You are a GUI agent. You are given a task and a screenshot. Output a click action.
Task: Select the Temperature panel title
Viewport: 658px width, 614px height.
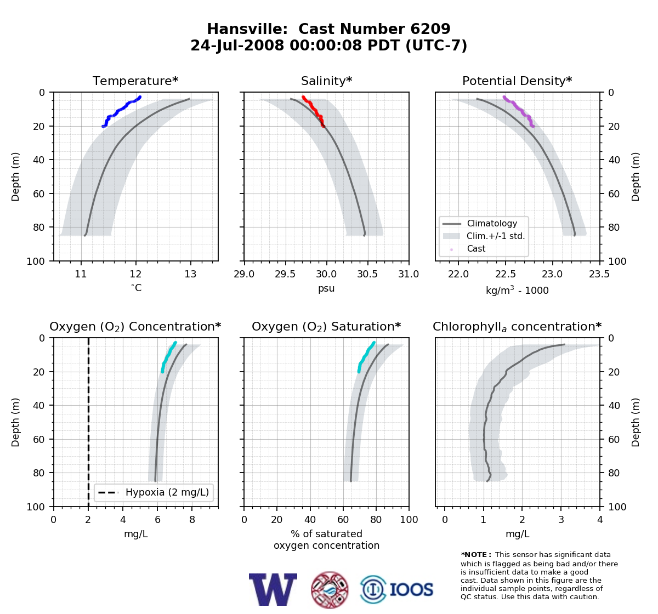coord(135,81)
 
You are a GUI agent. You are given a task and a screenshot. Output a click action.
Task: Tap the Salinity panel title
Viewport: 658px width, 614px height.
coord(327,81)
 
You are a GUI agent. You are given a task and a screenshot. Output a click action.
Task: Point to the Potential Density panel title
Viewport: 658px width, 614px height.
coord(517,81)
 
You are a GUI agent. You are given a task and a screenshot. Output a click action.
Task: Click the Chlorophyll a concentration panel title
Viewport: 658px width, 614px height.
coord(517,327)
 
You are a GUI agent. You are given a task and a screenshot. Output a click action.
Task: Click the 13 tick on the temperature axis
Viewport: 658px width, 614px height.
coord(190,274)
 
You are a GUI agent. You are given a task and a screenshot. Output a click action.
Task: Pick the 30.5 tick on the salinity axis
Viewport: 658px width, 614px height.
coord(368,274)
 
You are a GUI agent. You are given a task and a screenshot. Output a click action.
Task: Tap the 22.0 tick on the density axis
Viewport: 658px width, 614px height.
coord(458,274)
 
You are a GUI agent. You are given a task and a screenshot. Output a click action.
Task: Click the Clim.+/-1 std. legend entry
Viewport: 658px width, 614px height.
coord(484,236)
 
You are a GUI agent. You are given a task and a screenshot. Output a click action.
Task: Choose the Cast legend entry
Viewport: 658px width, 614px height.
coord(468,249)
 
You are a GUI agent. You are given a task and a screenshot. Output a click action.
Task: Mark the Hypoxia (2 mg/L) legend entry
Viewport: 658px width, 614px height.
coord(154,492)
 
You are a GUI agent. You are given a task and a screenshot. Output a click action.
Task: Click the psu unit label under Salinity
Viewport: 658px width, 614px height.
coord(326,288)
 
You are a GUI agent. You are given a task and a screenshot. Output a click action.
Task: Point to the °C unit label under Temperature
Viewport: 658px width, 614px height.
coord(136,288)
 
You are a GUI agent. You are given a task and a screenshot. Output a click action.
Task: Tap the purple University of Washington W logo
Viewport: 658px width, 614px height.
coord(273,589)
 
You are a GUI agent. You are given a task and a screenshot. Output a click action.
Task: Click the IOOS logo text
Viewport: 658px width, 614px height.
coord(412,589)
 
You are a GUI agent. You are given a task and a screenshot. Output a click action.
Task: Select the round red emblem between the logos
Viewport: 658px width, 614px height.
coord(330,590)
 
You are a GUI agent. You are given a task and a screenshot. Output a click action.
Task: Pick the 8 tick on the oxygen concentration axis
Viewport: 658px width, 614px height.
coord(192,520)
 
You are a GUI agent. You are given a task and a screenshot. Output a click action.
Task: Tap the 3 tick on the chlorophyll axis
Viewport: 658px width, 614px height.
coord(561,520)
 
